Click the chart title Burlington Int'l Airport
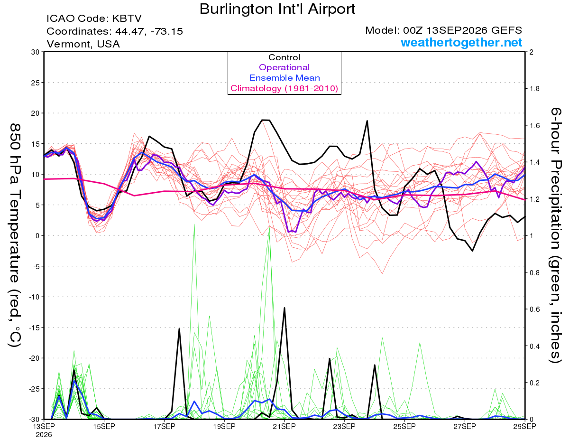pyautogui.click(x=277, y=9)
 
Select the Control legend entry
pyautogui.click(x=284, y=57)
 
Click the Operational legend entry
pyautogui.click(x=284, y=67)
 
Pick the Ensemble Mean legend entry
pyautogui.click(x=284, y=78)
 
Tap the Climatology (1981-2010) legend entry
pyautogui.click(x=284, y=88)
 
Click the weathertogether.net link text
pyautogui.click(x=461, y=42)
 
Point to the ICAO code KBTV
pyautogui.click(x=127, y=19)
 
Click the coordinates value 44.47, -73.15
pyautogui.click(x=149, y=31)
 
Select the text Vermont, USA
pyautogui.click(x=83, y=44)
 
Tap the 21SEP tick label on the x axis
pyautogui.click(x=284, y=426)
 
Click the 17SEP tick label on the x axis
pyautogui.click(x=164, y=426)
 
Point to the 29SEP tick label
pyautogui.click(x=524, y=426)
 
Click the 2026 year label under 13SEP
pyautogui.click(x=44, y=435)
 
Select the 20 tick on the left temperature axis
pyautogui.click(x=36, y=113)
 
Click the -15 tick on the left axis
pyautogui.click(x=34, y=328)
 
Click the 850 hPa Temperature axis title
pyautogui.click(x=15, y=235)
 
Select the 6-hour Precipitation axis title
pyautogui.click(x=556, y=235)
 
